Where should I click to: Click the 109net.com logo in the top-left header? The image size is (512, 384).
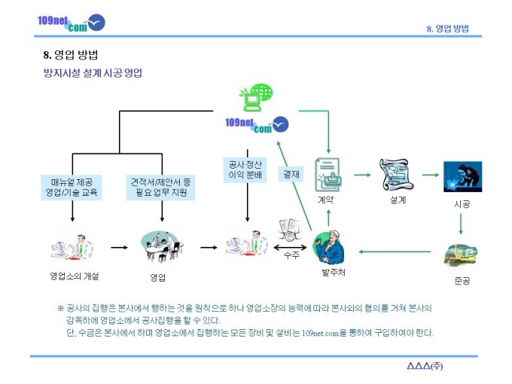(x=72, y=23)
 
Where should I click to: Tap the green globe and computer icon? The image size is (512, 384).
(x=256, y=97)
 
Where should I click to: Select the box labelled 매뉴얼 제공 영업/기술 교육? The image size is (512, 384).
(x=72, y=187)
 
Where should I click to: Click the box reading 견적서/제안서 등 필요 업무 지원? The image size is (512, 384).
(x=160, y=187)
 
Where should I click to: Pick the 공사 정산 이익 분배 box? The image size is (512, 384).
(x=245, y=170)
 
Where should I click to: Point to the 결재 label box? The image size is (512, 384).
(x=291, y=174)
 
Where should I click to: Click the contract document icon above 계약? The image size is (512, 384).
(x=328, y=175)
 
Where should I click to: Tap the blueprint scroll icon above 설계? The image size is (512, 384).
(x=396, y=175)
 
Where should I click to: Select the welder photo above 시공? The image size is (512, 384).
(x=462, y=177)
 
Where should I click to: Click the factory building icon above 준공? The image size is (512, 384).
(x=460, y=255)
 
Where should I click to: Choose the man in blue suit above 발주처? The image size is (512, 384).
(x=329, y=247)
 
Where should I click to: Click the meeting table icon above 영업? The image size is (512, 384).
(x=161, y=247)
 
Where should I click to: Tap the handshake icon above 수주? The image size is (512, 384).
(x=289, y=230)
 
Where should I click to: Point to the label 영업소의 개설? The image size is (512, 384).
(x=75, y=276)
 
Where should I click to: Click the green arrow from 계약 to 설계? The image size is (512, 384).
(x=362, y=175)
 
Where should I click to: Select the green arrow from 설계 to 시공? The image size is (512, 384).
(x=431, y=175)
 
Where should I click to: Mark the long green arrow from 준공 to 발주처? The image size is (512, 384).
(x=395, y=251)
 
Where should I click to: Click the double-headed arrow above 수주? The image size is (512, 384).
(x=290, y=248)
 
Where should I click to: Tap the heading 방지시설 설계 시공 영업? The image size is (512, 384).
(x=93, y=73)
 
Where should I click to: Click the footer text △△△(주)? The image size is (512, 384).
(x=425, y=366)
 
